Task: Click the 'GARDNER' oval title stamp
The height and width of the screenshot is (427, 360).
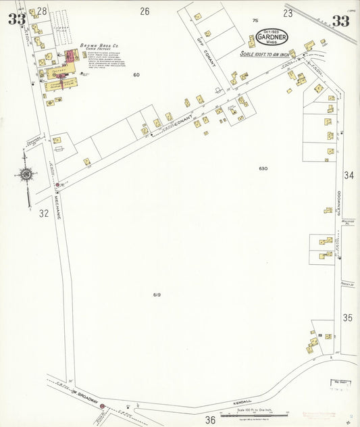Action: pos(272,38)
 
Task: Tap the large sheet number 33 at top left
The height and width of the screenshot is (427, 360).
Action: pos(18,19)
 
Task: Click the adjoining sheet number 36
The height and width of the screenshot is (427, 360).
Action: pos(211,420)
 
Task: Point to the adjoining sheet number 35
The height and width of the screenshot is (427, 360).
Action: pos(348,317)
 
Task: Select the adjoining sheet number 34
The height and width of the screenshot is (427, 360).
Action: pos(349,176)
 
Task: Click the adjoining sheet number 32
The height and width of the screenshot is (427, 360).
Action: pos(44,214)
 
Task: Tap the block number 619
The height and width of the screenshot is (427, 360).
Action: pos(157,295)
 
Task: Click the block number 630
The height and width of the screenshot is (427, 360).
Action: pos(263,168)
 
